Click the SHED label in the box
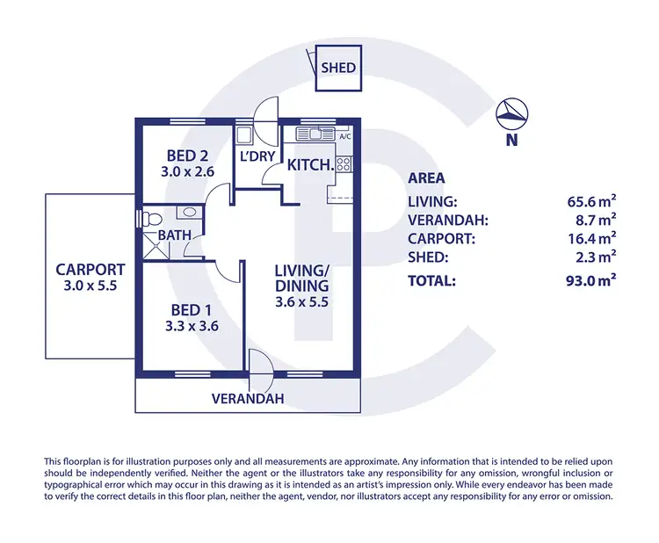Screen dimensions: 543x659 (x=338, y=68)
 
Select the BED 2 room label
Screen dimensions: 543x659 (x=187, y=155)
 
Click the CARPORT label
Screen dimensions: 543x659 (x=91, y=270)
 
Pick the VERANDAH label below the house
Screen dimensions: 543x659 (x=248, y=399)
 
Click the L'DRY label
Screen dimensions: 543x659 (x=258, y=157)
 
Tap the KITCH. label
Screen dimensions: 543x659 (x=310, y=164)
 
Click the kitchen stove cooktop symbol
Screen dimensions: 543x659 (x=344, y=163)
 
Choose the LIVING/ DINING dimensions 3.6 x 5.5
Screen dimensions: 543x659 (x=301, y=300)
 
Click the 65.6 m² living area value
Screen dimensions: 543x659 (x=591, y=201)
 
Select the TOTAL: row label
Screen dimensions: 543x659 (x=431, y=281)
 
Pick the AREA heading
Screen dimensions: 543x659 (x=426, y=177)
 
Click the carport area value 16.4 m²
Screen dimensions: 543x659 (x=591, y=238)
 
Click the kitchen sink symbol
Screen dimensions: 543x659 (x=311, y=134)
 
